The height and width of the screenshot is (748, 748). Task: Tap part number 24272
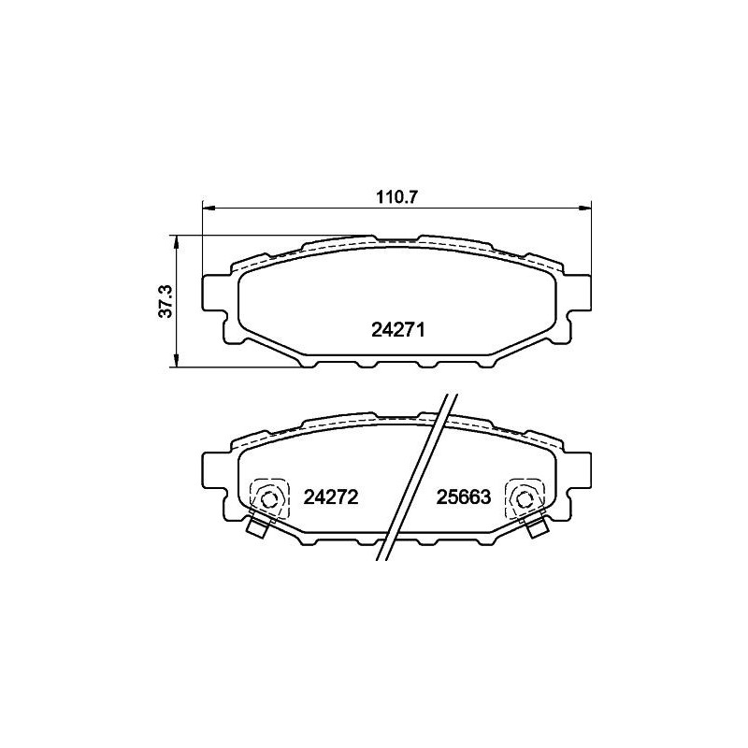tap(332, 497)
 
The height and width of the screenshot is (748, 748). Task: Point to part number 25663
tap(463, 497)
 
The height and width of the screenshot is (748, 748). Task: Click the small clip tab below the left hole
tap(255, 528)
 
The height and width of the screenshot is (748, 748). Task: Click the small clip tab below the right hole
tap(538, 528)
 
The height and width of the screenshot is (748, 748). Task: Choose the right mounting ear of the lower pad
tap(580, 472)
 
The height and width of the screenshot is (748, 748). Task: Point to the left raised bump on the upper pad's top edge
tap(338, 242)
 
